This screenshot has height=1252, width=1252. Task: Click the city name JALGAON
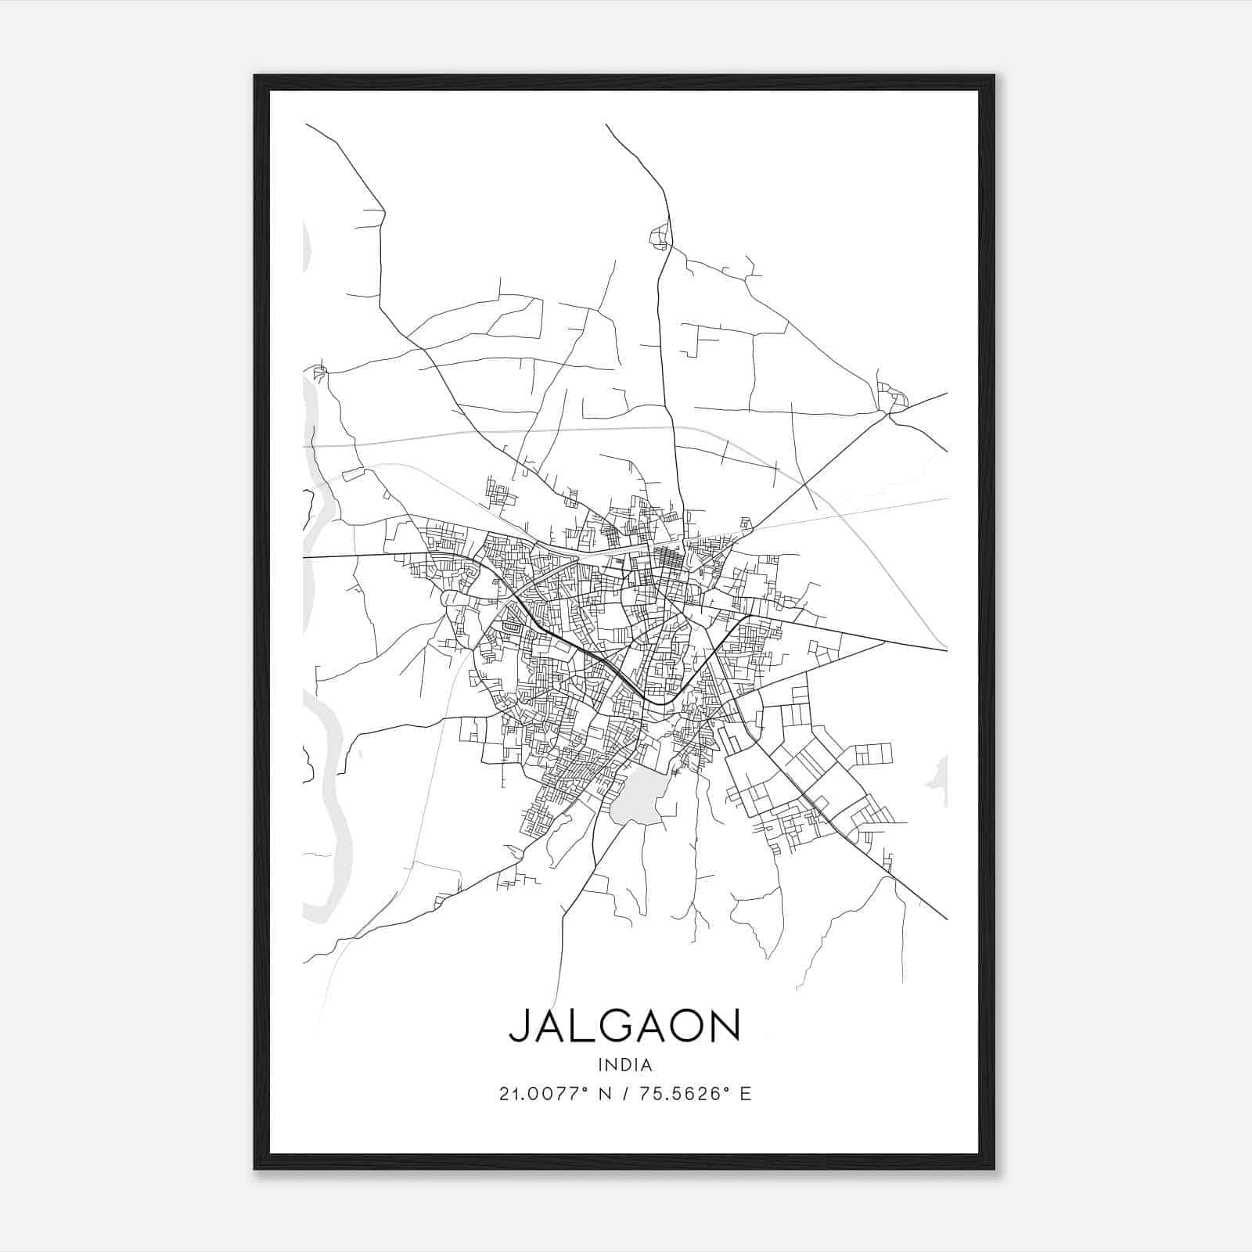[x=624, y=1026]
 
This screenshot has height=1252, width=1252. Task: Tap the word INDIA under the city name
[x=624, y=1065]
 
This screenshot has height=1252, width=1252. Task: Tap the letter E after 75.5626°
[x=745, y=1094]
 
